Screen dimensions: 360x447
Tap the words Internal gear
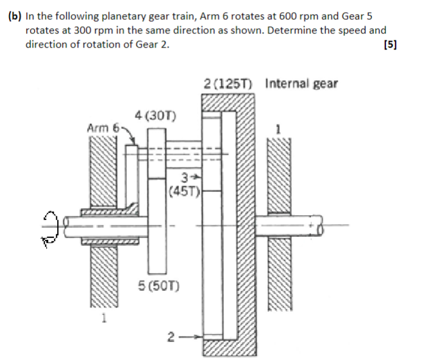coord(301,84)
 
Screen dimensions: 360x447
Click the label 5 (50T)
coord(158,286)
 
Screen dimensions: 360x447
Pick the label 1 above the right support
coord(278,128)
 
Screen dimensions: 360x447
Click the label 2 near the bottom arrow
coord(170,336)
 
